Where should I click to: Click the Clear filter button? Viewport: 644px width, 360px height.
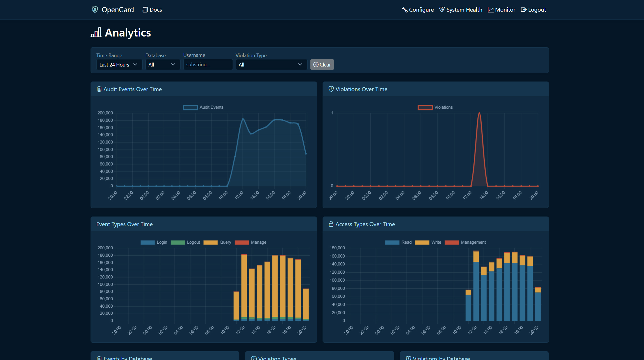(322, 65)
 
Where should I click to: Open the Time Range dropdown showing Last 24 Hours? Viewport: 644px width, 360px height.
(119, 65)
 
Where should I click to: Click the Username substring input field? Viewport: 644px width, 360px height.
(208, 65)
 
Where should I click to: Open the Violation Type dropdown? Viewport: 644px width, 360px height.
(271, 65)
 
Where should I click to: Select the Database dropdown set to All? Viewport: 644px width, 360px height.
(162, 65)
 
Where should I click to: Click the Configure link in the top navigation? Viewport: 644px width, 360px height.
(418, 10)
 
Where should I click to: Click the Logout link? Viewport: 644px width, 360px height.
(533, 10)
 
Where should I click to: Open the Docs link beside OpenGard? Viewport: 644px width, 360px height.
(152, 10)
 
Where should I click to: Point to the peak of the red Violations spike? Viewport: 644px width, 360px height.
(479, 113)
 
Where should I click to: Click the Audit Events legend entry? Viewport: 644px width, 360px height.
(203, 107)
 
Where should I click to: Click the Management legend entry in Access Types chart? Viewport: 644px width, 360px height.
(465, 242)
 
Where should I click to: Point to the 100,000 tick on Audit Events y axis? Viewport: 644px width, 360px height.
(105, 149)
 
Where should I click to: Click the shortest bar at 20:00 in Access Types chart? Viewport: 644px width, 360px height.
(538, 304)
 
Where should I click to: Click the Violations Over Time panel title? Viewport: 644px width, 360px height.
(361, 89)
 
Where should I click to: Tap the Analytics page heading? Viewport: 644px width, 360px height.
(128, 33)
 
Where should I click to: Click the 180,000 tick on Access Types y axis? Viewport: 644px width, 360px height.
(337, 248)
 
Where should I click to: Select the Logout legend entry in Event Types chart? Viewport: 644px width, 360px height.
(186, 242)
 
